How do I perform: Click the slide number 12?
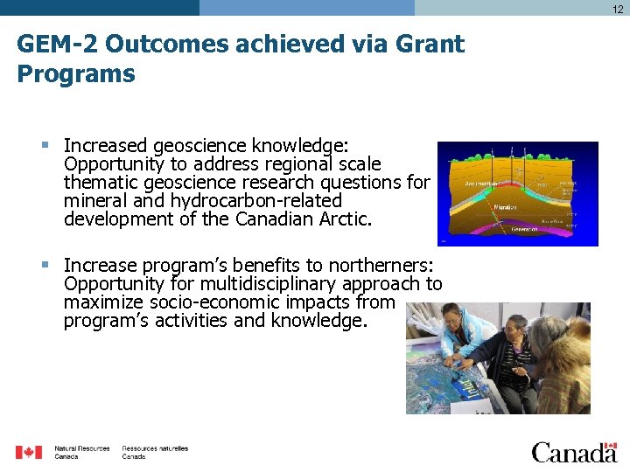[x=618, y=9]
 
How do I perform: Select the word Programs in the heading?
[x=76, y=74]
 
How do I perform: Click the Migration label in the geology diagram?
[x=506, y=207]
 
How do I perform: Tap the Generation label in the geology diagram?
[x=525, y=229]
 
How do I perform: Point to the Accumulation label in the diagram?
[x=476, y=184]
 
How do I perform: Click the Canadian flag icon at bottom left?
[x=29, y=452]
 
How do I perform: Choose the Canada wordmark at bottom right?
[x=574, y=452]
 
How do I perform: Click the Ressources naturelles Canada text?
[x=155, y=452]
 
